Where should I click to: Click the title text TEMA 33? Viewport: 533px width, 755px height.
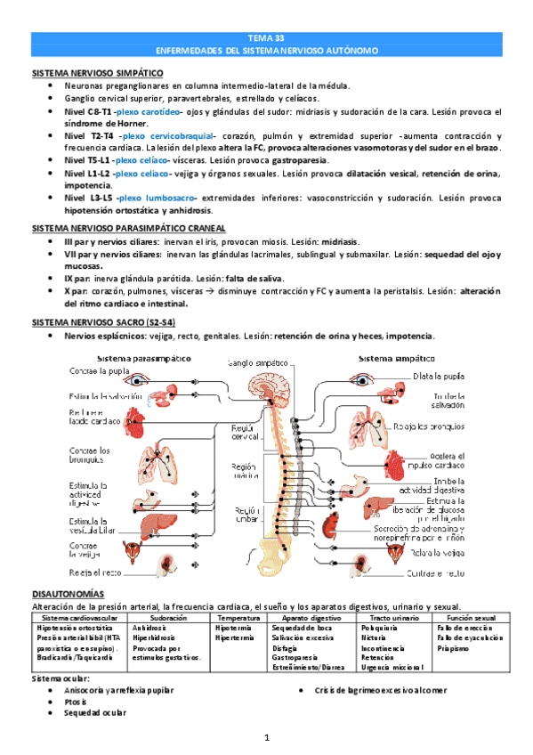click(x=266, y=37)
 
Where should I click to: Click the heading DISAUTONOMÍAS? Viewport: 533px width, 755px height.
click(x=68, y=593)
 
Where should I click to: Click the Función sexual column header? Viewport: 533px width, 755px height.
click(x=467, y=616)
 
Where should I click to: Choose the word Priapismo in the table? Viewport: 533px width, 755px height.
click(x=455, y=646)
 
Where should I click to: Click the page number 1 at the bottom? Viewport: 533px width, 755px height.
click(x=266, y=738)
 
